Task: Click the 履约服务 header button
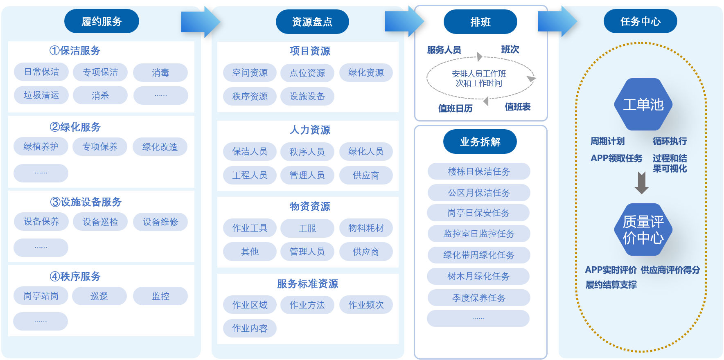(x=101, y=21)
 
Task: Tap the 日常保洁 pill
(x=41, y=72)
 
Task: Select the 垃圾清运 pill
(x=41, y=95)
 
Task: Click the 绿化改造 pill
(x=160, y=147)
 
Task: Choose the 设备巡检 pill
(x=100, y=222)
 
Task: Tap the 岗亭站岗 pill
(x=41, y=296)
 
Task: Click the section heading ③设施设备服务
(x=86, y=202)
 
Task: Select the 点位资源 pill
(x=307, y=73)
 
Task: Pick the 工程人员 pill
(x=250, y=175)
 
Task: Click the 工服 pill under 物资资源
(x=307, y=228)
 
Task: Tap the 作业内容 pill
(x=250, y=328)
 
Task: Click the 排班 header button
(x=480, y=22)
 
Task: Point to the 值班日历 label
(x=456, y=108)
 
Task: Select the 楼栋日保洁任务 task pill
(x=479, y=171)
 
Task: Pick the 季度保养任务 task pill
(x=479, y=298)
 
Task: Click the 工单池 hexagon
(x=643, y=104)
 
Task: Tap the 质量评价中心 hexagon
(x=643, y=229)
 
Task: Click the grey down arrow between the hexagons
(x=642, y=182)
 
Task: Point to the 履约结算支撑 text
(x=611, y=285)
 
